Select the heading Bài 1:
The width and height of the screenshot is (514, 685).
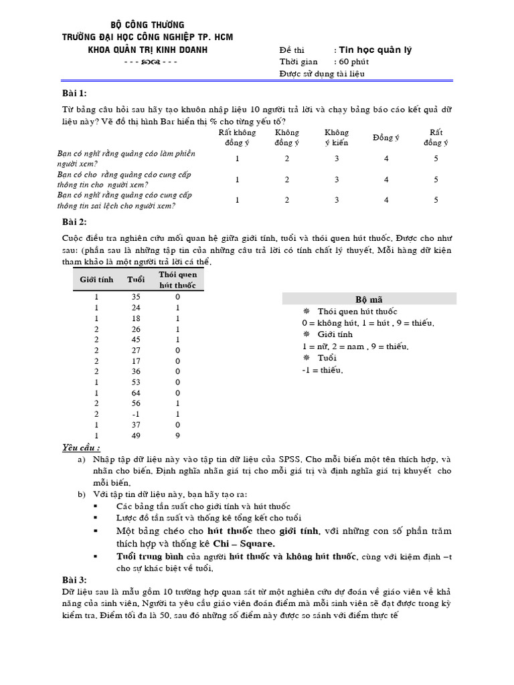coord(74,92)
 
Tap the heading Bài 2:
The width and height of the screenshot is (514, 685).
coord(74,222)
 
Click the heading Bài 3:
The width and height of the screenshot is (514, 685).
coord(74,579)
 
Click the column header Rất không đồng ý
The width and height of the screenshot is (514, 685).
coord(237,137)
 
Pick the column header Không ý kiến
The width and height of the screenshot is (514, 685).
coord(337,137)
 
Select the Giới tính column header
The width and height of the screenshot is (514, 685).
coord(97,280)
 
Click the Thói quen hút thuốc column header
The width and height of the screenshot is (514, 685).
coord(178,280)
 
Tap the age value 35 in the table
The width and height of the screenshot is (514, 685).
coord(137,296)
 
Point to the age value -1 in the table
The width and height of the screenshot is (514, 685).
coord(137,413)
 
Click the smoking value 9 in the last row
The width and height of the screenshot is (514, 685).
coord(178,436)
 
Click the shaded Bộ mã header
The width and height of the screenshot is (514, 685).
coord(369,299)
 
